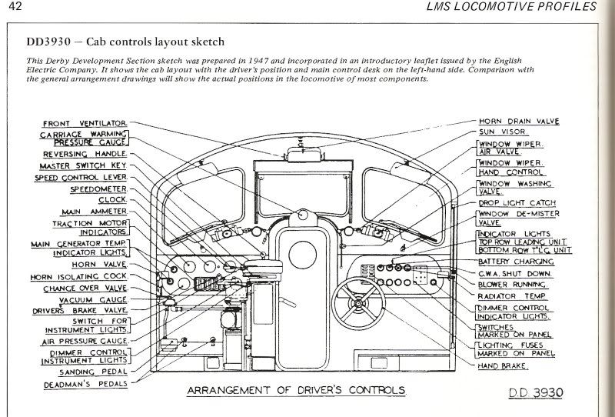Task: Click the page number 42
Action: [x=15, y=6]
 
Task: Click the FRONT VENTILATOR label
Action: [x=85, y=124]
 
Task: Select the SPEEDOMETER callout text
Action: [x=98, y=189]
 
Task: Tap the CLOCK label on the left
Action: [x=112, y=200]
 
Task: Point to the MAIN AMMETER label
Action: [x=94, y=212]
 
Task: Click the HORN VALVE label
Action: [x=99, y=265]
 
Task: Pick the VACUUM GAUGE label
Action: [x=93, y=300]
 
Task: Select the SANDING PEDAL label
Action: [x=93, y=372]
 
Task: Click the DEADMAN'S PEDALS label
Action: [x=85, y=385]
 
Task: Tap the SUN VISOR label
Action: [x=502, y=132]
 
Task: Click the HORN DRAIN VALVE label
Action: [x=519, y=122]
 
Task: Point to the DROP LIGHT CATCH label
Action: [x=517, y=203]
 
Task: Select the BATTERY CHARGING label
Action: [x=516, y=262]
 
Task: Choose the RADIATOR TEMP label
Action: [x=512, y=296]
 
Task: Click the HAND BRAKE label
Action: [x=503, y=365]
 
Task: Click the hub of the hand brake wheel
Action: [x=358, y=303]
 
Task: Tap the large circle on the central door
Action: [x=302, y=255]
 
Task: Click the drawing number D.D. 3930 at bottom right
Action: [x=536, y=392]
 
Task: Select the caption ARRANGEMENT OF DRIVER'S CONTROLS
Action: [x=296, y=390]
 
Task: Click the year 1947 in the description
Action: [x=259, y=61]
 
